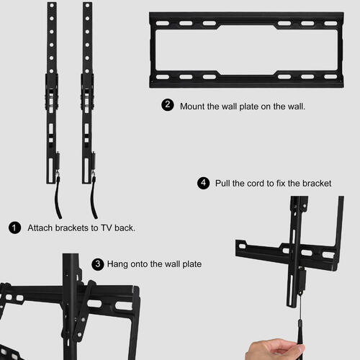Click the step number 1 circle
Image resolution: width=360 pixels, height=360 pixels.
pyautogui.click(x=14, y=228)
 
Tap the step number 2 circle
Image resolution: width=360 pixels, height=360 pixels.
pyautogui.click(x=168, y=105)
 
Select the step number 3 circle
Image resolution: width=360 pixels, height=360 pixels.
pyautogui.click(x=98, y=264)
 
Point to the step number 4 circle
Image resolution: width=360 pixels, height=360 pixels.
pyautogui.click(x=204, y=183)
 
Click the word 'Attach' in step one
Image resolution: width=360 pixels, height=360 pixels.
pyautogui.click(x=40, y=228)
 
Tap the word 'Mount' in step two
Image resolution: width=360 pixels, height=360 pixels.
pyautogui.click(x=192, y=107)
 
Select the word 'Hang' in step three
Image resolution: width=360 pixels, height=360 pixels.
pyautogui.click(x=117, y=264)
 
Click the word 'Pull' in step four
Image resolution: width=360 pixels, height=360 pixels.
pyautogui.click(x=222, y=184)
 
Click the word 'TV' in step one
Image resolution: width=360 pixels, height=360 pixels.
pyautogui.click(x=106, y=228)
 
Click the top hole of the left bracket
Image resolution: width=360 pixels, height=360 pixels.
pyautogui.click(x=52, y=5)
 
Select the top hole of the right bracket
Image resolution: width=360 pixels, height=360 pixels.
pyautogui.click(x=87, y=5)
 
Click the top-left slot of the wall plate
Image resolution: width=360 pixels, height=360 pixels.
pyautogui.click(x=163, y=23)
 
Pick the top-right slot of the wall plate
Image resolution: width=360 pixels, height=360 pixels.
pyautogui.click(x=331, y=23)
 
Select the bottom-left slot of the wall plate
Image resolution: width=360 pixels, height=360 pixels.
pyautogui.click(x=163, y=77)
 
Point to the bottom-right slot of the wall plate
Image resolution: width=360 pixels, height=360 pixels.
pyautogui.click(x=331, y=77)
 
